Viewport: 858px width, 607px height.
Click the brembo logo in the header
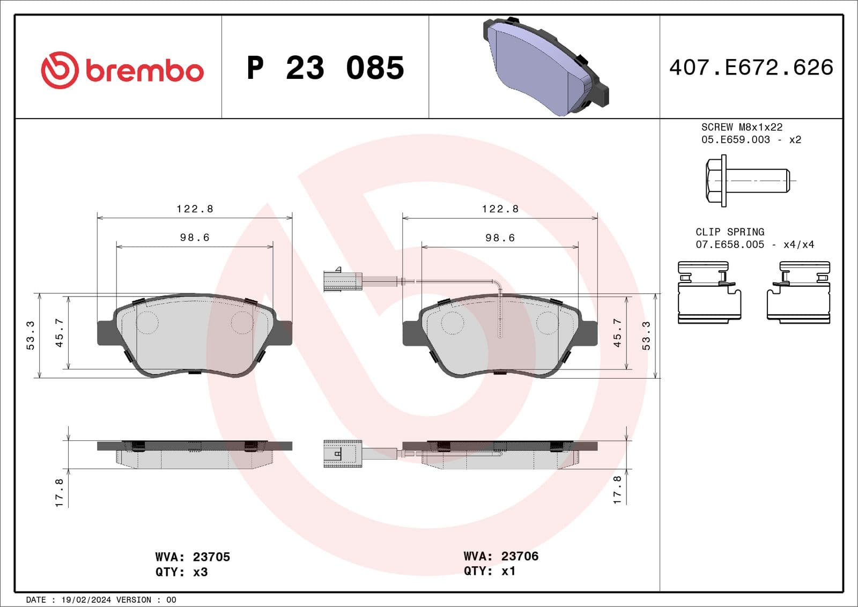tap(122, 70)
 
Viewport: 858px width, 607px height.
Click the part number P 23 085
tap(325, 68)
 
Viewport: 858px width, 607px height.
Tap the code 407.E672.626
tap(751, 68)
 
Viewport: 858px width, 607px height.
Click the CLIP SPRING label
tap(730, 232)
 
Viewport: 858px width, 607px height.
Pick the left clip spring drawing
tap(709, 292)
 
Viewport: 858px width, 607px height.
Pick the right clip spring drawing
tap(798, 292)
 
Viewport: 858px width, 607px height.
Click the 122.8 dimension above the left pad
tap(195, 209)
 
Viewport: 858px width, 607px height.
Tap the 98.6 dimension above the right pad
tap(500, 238)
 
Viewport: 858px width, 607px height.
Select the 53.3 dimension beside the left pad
tap(31, 335)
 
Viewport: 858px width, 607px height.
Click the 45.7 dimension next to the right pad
tap(617, 332)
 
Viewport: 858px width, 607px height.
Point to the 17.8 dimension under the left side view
tap(59, 492)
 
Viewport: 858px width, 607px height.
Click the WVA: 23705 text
tap(193, 557)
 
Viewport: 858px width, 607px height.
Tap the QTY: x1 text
tap(489, 571)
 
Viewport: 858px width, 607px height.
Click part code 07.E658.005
tap(729, 245)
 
